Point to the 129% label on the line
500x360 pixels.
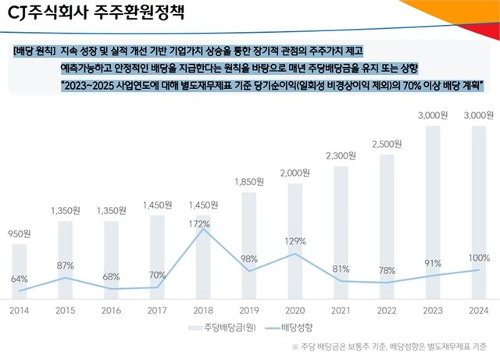coord(295,241)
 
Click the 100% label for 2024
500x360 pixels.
coord(479,258)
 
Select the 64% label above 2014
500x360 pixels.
coord(20,279)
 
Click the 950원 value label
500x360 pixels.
coord(20,233)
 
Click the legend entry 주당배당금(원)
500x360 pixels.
coord(220,326)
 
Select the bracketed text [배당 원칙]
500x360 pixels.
coord(36,51)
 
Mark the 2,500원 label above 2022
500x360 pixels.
coord(387,144)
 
